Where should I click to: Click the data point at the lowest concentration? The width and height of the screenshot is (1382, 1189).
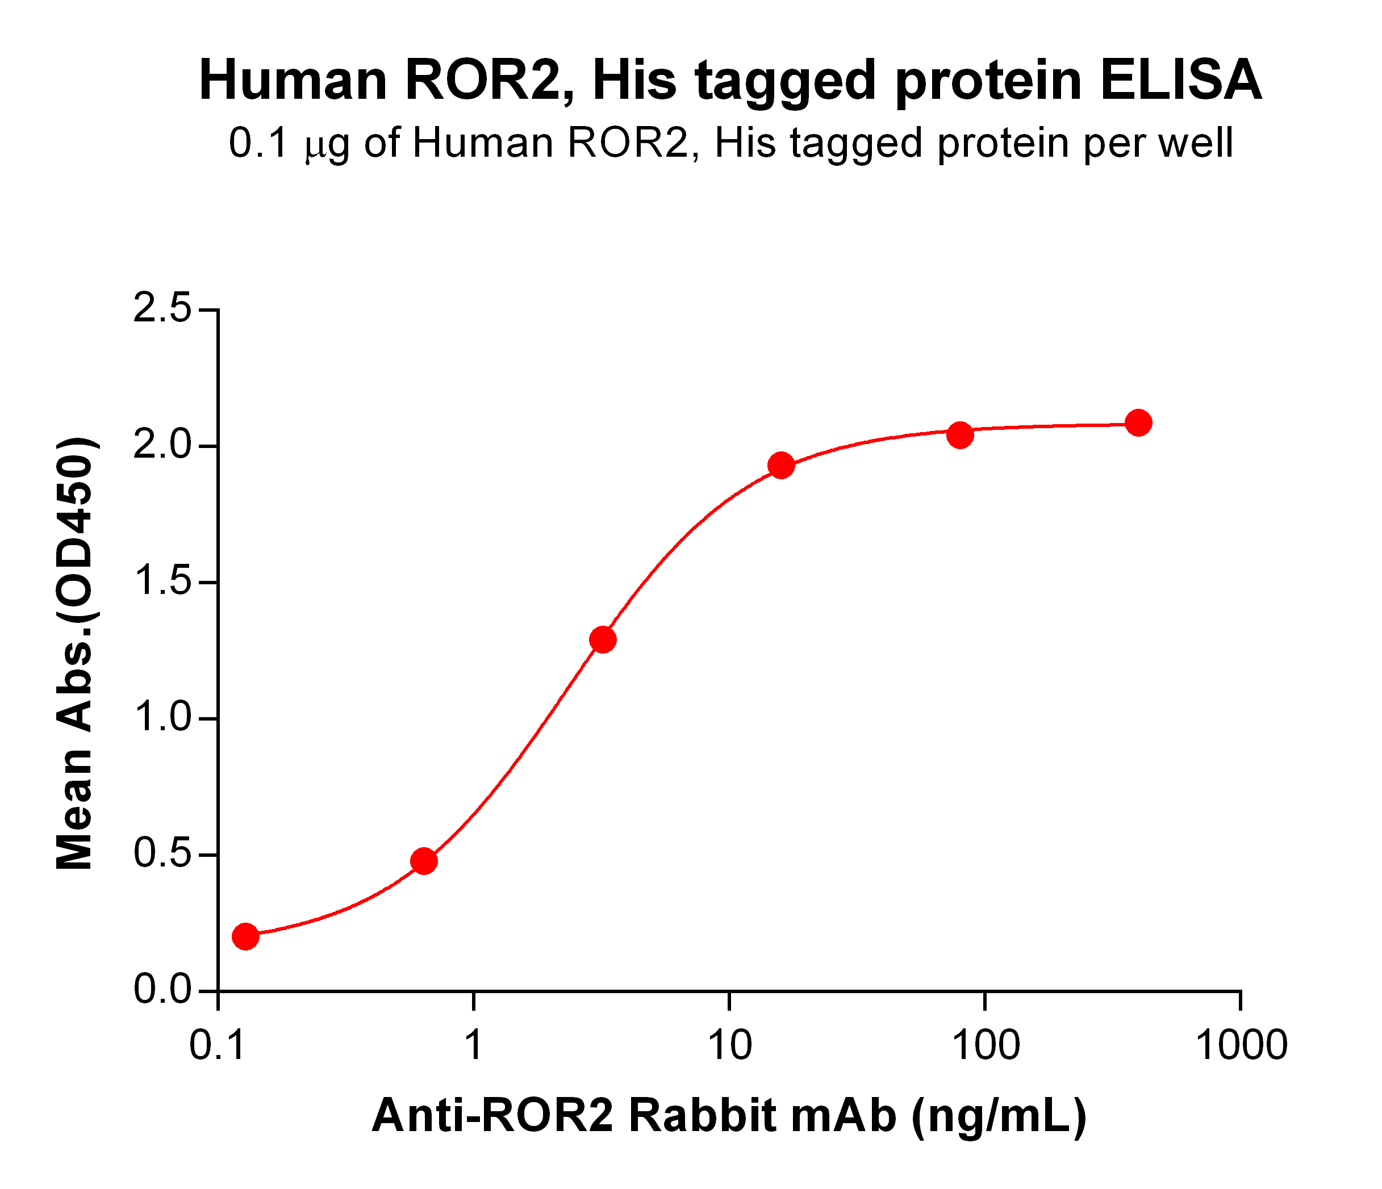coord(245,936)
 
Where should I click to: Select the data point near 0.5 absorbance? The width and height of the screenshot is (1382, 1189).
coord(424,861)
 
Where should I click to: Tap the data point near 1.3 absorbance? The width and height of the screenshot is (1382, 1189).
coord(603,639)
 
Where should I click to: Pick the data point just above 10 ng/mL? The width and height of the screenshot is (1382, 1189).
coord(781,466)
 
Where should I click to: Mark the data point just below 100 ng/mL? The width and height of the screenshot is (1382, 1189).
coord(960,435)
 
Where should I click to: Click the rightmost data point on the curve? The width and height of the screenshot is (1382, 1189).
coord(1138,423)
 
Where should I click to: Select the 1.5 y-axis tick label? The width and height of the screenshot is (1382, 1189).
coord(162,582)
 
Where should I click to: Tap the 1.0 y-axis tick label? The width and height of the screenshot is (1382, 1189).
coord(162,718)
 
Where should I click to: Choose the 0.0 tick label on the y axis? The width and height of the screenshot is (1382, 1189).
coord(162,991)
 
